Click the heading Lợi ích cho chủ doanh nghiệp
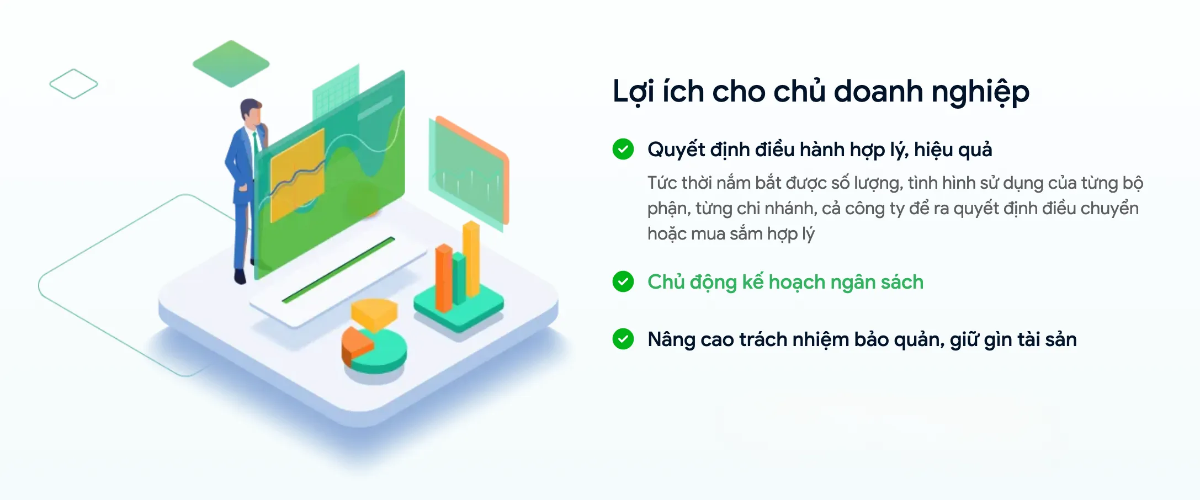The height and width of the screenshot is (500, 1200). pos(821,92)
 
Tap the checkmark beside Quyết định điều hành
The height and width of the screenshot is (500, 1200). pos(623,149)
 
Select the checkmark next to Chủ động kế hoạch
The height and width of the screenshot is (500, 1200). pos(623,281)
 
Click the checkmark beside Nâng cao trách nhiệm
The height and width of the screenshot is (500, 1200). pos(623,339)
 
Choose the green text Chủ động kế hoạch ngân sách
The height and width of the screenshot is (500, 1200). pos(785,282)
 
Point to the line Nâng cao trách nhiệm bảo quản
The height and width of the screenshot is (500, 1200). pos(862,339)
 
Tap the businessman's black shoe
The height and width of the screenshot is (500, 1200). pos(240,276)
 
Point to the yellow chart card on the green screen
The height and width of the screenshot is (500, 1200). pos(296,174)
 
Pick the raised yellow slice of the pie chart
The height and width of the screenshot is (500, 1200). pos(374,312)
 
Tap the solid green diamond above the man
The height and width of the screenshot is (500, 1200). pos(231,63)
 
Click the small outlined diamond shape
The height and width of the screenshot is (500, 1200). pos(73,84)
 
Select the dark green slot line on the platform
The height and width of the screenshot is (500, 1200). pos(338,270)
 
